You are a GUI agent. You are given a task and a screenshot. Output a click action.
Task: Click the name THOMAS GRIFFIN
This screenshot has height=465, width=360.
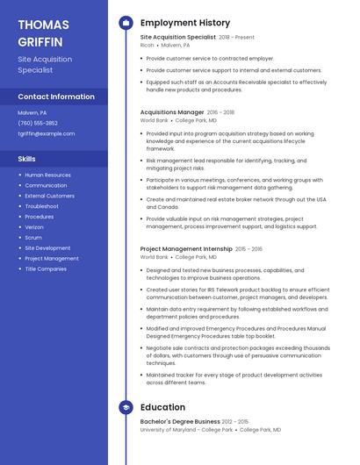[44, 32]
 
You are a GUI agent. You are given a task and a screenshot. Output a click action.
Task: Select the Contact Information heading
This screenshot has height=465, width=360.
[56, 97]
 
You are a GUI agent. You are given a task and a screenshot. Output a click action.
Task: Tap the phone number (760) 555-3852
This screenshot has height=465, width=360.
[38, 123]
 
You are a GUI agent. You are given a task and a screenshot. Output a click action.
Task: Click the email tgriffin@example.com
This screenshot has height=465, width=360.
[46, 133]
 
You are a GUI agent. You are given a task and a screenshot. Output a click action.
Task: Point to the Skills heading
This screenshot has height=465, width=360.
[27, 159]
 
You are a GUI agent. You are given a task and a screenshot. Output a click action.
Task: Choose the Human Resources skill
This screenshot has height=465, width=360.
[47, 175]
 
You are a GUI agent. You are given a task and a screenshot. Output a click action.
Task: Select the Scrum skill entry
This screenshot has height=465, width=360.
[33, 238]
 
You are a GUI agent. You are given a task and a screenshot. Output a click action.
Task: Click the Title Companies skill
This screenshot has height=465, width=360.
[46, 268]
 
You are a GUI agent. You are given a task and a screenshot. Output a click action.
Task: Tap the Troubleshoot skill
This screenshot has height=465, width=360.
[41, 206]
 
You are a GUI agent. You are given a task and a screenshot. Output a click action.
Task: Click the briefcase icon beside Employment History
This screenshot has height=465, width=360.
[126, 23]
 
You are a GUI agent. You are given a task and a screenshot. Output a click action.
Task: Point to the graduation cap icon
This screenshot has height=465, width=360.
[126, 407]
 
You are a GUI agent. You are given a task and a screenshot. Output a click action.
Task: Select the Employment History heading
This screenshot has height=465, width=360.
[184, 23]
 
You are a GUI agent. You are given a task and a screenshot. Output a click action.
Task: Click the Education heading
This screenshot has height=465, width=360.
[162, 407]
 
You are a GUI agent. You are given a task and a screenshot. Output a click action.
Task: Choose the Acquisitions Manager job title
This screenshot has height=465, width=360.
[172, 112]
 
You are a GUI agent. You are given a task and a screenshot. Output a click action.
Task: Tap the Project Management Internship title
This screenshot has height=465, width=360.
[186, 249]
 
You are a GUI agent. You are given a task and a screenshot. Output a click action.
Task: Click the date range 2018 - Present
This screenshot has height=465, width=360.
[236, 38]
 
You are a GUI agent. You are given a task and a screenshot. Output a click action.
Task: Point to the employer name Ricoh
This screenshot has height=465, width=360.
[147, 45]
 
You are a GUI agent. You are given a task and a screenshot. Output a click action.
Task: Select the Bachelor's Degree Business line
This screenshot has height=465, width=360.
[180, 422]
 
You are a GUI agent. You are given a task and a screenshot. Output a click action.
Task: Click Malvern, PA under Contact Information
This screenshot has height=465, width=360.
[32, 112]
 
